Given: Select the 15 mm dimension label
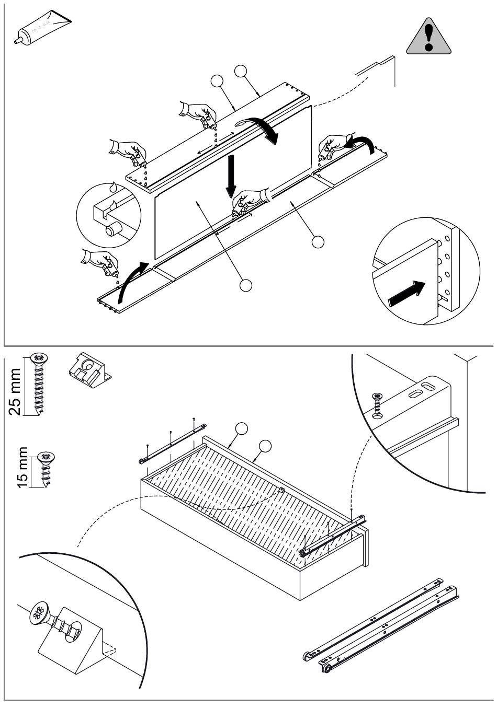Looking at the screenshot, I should click(22, 467).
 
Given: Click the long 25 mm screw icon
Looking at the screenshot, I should click(39, 384).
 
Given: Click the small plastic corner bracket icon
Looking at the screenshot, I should click(88, 370).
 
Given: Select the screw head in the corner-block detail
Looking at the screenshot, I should click(39, 612).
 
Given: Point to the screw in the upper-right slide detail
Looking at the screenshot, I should click(378, 405).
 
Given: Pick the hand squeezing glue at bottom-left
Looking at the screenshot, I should click(99, 262).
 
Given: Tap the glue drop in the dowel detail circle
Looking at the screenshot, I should click(113, 187).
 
